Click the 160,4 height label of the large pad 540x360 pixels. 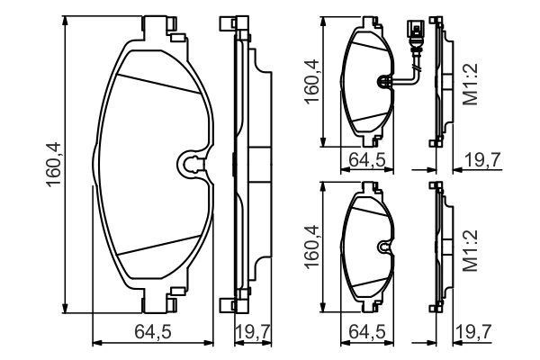pyautogui.click(x=53, y=165)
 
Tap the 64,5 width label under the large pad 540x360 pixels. pyautogui.click(x=153, y=332)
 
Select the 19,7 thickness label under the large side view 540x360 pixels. pyautogui.click(x=253, y=332)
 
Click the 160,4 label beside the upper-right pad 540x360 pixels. pyautogui.click(x=311, y=82)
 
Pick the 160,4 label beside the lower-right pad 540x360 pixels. pyautogui.click(x=311, y=247)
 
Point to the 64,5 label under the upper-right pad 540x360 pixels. pyautogui.click(x=367, y=159)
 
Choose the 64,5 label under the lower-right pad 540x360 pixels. pyautogui.click(x=367, y=332)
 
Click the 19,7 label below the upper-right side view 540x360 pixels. pyautogui.click(x=482, y=159)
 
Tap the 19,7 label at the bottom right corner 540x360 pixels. pyautogui.click(x=472, y=332)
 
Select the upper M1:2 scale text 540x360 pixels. pyautogui.click(x=471, y=84)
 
